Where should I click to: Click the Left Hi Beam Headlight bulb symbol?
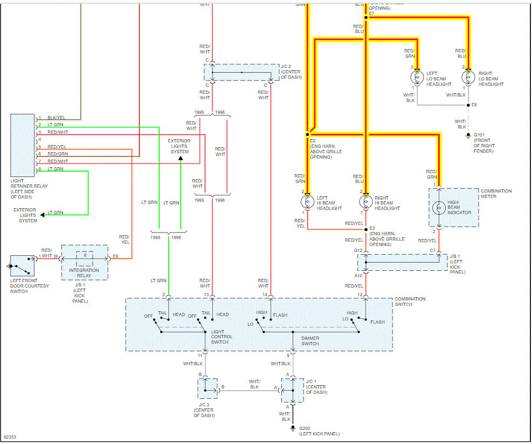[x=308, y=202]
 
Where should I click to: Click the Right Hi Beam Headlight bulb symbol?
[x=367, y=202]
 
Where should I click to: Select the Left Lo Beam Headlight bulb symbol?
[x=417, y=77]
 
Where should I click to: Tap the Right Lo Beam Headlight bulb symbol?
[x=468, y=77]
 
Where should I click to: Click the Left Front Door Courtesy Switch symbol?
[x=22, y=266]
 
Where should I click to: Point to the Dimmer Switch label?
[x=310, y=341]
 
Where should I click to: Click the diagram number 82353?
[x=10, y=436]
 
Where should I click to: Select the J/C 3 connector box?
[x=208, y=388]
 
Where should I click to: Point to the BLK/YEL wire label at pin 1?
[x=56, y=118]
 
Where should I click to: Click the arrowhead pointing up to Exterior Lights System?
[x=181, y=159]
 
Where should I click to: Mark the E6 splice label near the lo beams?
[x=474, y=105]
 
